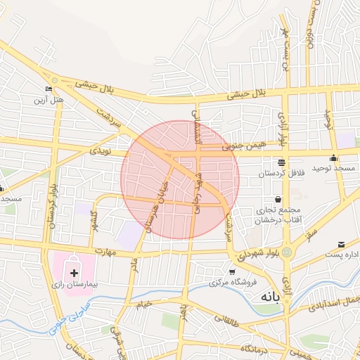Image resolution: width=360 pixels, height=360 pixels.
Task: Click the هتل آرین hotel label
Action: pos(50,100)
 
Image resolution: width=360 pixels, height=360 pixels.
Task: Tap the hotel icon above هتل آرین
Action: pos(48,89)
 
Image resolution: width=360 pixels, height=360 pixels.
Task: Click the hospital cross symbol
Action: pos(75,272)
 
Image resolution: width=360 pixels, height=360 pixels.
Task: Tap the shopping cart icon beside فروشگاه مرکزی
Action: pos(232,271)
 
